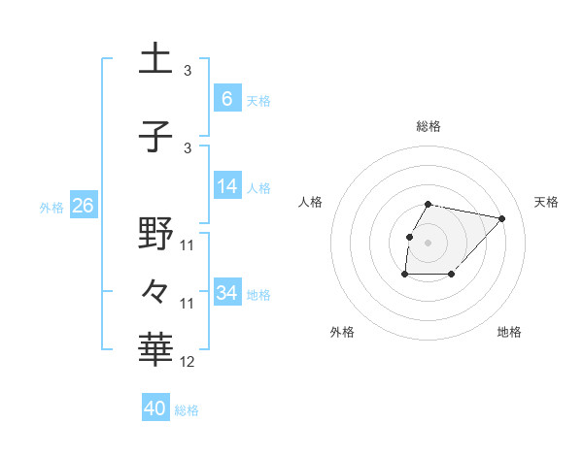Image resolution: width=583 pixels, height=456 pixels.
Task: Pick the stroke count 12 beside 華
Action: (x=188, y=362)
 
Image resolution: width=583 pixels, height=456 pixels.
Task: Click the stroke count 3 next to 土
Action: (x=188, y=71)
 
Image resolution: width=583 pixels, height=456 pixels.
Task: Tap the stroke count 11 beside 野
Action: (x=188, y=245)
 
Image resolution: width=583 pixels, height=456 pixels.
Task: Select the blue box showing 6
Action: (x=227, y=98)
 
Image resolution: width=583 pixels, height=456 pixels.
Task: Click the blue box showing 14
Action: (x=227, y=186)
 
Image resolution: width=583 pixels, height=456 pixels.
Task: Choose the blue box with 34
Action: (x=227, y=292)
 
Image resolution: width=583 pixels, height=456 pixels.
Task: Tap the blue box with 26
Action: (x=83, y=206)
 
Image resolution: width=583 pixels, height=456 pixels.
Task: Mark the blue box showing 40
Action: (x=155, y=408)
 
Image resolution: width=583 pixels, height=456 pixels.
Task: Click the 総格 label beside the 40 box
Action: (x=188, y=410)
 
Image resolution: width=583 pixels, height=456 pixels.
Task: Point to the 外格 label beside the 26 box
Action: (x=51, y=208)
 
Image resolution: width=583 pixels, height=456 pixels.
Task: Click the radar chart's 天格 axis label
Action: (x=547, y=202)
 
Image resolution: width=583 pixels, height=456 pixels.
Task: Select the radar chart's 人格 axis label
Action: (x=311, y=202)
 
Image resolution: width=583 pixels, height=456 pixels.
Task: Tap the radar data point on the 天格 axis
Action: (x=501, y=218)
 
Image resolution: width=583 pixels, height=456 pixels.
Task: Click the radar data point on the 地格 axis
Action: (x=452, y=275)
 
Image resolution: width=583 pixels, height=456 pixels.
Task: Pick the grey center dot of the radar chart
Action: (x=429, y=242)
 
